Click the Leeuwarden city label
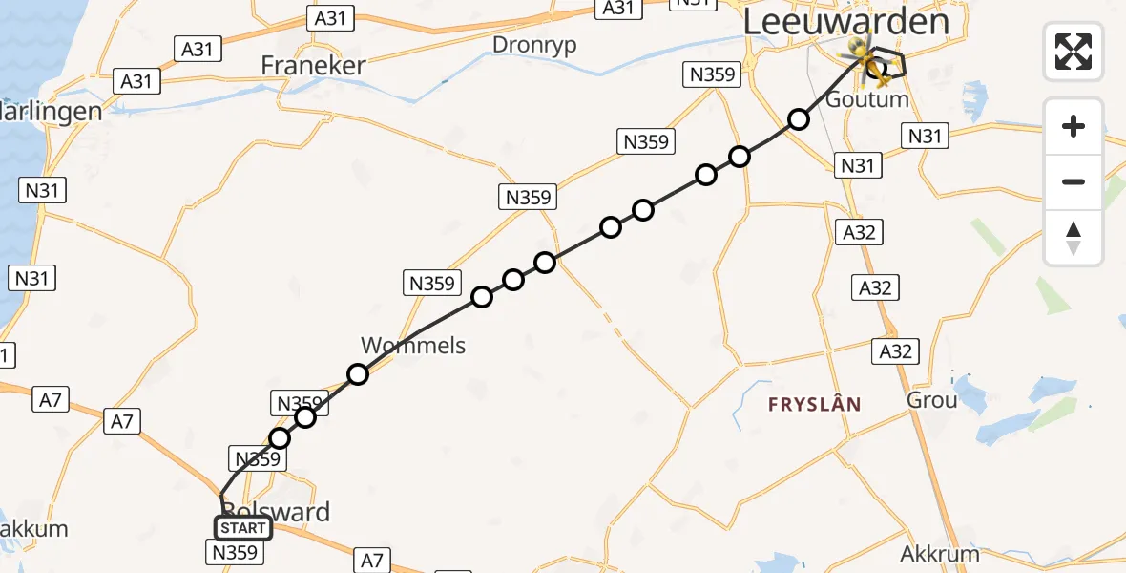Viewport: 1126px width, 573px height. coord(845,22)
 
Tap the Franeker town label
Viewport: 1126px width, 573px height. coord(314,65)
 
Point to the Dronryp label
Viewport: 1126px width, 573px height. coord(534,44)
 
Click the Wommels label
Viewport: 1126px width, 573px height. coord(413,345)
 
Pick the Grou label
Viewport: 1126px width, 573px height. coord(931,399)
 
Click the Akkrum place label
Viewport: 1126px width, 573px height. coord(940,554)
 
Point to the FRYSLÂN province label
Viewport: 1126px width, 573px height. coord(815,405)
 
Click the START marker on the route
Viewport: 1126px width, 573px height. coord(243,528)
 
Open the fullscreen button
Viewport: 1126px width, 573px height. coord(1074,51)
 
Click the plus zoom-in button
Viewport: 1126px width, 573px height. coord(1074,126)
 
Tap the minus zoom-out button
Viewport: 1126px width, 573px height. coord(1074,181)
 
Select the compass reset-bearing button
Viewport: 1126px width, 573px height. coord(1074,237)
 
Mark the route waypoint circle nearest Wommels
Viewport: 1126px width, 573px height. coord(358,374)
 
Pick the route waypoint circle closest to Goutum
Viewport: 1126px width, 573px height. coord(798,119)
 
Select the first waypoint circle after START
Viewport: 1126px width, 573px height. coord(280,438)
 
